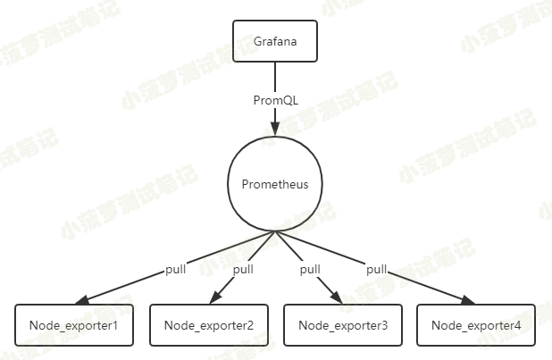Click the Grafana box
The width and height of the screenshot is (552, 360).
click(275, 41)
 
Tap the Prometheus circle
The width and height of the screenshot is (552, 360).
click(275, 185)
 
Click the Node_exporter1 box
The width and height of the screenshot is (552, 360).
click(74, 325)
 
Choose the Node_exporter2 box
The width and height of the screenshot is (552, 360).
click(208, 325)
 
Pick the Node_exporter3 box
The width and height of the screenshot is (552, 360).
click(342, 325)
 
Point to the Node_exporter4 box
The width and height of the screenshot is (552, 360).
click(476, 325)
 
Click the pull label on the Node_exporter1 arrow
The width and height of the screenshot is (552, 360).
click(176, 269)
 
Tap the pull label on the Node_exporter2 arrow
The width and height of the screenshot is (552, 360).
click(243, 269)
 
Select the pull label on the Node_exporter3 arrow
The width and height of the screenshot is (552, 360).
click(310, 269)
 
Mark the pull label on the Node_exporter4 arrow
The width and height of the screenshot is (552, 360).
click(377, 269)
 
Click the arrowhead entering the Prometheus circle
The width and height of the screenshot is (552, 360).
click(275, 130)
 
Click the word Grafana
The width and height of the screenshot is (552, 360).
click(275, 41)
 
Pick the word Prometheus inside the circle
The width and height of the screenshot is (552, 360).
click(275, 185)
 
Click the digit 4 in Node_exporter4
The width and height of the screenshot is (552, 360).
click(517, 325)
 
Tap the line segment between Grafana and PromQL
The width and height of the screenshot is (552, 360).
click(275, 76)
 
